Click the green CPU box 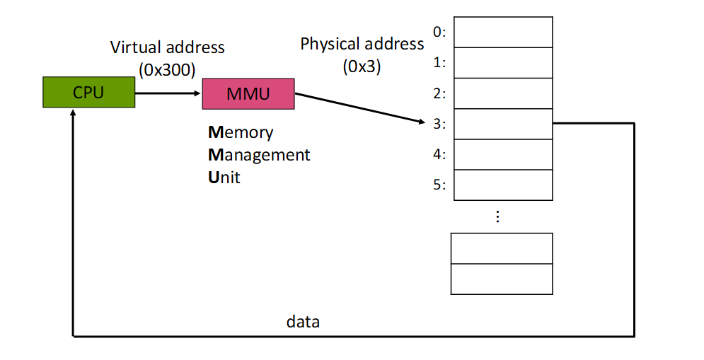(x=88, y=93)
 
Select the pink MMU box (x=248, y=93)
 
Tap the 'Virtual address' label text (x=167, y=48)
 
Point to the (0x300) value (x=167, y=69)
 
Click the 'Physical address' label (x=362, y=44)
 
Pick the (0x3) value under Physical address (x=362, y=67)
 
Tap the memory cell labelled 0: (x=502, y=32)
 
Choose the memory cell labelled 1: (x=502, y=62)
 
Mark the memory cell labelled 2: (x=502, y=93)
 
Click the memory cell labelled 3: (x=502, y=124)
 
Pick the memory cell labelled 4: (x=502, y=154)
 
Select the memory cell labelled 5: (x=502, y=185)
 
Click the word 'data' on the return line (x=303, y=322)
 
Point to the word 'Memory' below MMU (x=241, y=132)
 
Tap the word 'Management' (x=259, y=154)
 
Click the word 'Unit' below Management (x=224, y=177)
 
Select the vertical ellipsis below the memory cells (x=497, y=216)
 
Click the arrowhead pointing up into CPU (x=73, y=114)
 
